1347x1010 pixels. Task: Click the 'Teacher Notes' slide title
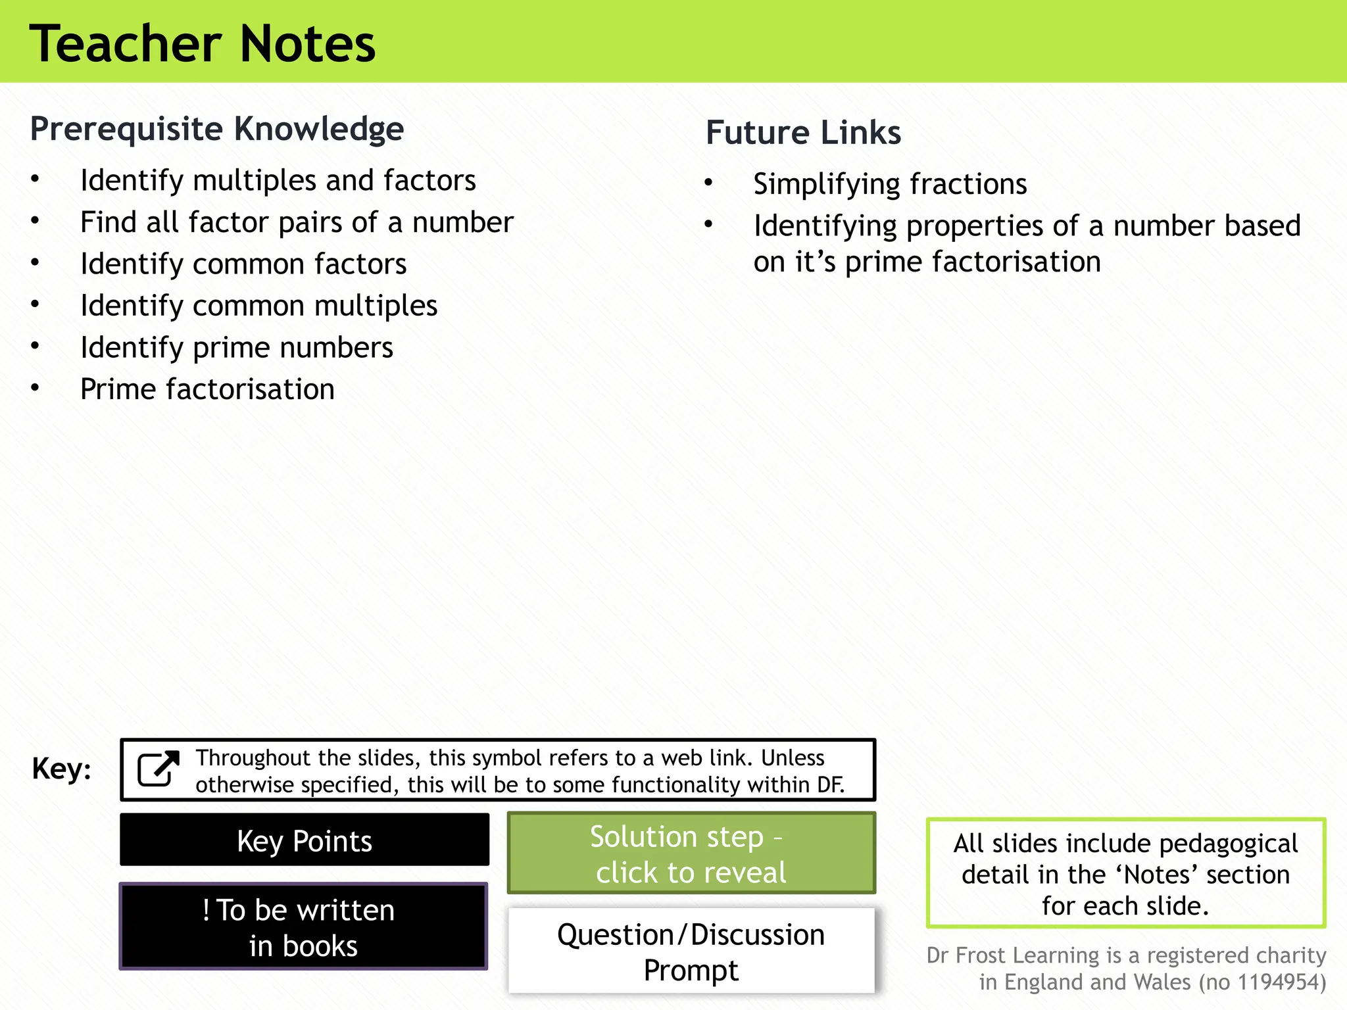[202, 43]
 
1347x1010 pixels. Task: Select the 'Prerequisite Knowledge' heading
[217, 129]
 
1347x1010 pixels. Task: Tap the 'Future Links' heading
[803, 133]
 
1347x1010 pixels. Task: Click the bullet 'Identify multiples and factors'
[278, 181]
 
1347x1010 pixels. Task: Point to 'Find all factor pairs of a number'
[297, 223]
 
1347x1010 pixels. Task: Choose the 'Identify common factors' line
[243, 264]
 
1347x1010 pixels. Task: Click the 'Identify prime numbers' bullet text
[237, 348]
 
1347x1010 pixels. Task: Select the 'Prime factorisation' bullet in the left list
[207, 389]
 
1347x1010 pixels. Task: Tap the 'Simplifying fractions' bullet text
[890, 184]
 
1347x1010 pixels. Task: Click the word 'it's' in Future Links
[815, 262]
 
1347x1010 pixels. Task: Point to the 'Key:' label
[61, 769]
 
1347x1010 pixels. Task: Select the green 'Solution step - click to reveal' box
[691, 854]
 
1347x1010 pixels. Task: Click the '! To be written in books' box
[303, 926]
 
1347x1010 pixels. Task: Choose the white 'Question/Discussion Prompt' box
[691, 951]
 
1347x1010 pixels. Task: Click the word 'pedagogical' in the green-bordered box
[1229, 844]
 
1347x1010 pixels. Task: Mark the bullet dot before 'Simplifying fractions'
[708, 183]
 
